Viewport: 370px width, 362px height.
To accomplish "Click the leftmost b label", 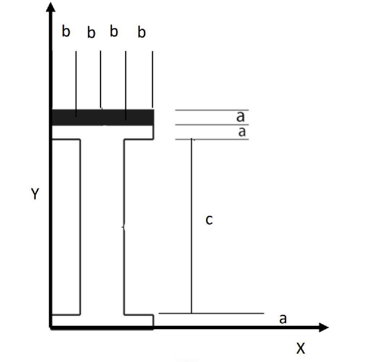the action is tap(66, 32).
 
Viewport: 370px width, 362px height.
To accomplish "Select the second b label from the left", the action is tap(91, 33).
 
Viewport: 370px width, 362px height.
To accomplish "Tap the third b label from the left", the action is tap(114, 32).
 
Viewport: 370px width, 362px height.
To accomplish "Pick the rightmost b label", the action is tap(142, 33).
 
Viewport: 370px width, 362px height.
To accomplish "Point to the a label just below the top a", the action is tap(242, 132).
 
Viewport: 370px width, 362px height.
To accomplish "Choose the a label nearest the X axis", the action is tap(283, 319).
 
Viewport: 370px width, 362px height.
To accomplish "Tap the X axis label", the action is tap(300, 349).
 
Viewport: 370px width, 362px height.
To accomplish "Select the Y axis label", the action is tap(35, 195).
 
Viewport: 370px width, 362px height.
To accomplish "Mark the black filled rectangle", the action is tap(103, 117).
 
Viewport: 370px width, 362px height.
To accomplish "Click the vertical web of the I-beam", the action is tap(102, 227).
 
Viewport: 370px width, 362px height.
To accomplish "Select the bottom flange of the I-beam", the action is tap(103, 320).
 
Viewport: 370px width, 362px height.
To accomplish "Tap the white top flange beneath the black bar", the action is tap(103, 132).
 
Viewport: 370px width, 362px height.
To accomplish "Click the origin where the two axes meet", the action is tap(51, 327).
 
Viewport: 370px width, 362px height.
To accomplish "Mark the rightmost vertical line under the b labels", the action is tap(152, 79).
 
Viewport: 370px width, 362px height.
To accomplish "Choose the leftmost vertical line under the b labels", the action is tap(76, 83).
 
